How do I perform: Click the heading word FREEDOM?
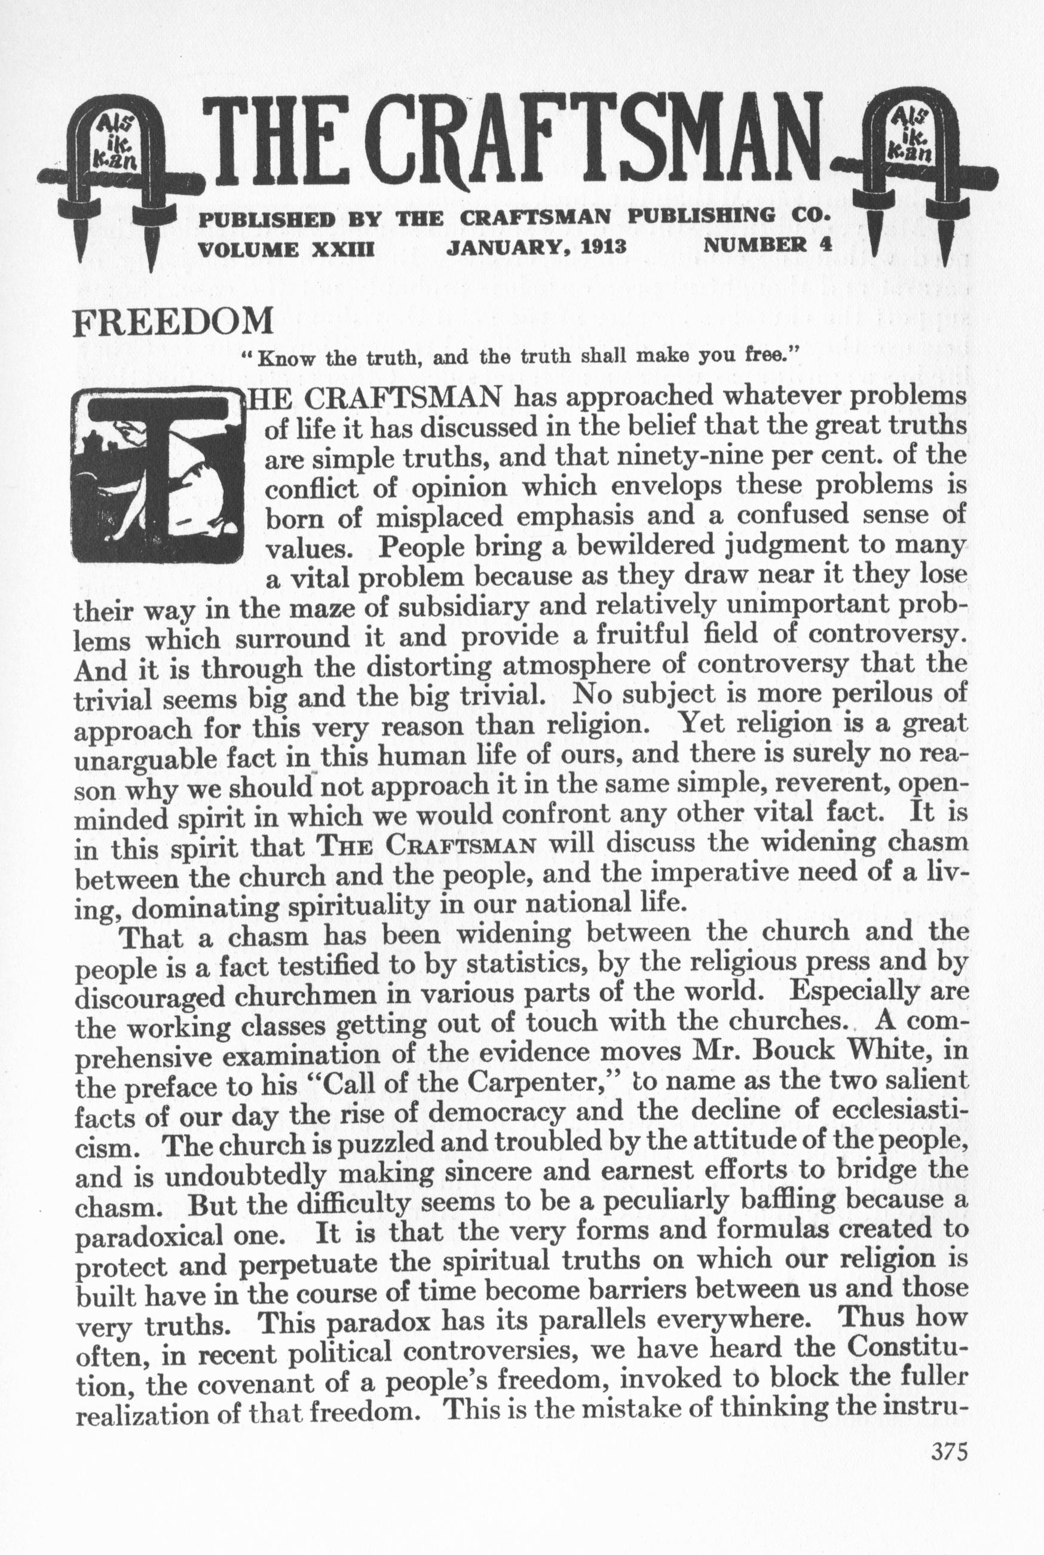[x=174, y=322]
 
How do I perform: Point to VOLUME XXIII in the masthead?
[x=287, y=249]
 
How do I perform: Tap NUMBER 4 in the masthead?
[x=768, y=244]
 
